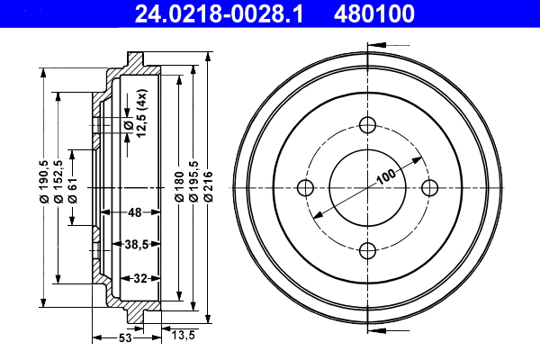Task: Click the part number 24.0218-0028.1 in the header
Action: [219, 13]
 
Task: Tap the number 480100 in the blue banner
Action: [374, 13]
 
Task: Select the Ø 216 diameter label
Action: [209, 186]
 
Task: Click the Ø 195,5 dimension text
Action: [193, 181]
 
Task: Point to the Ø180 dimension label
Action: [179, 186]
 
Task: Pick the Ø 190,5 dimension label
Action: [44, 182]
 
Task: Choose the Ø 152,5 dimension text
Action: [58, 182]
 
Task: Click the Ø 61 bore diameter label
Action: [72, 190]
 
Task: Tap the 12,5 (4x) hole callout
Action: [141, 113]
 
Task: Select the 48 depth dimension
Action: [135, 212]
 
